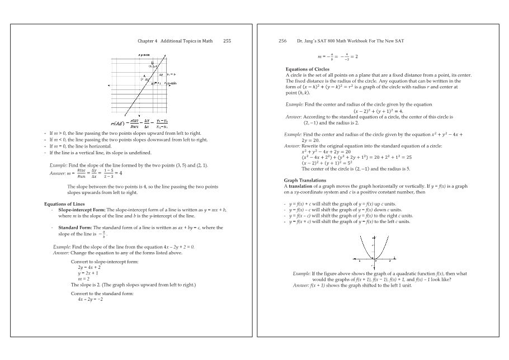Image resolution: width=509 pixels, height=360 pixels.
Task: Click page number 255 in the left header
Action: coord(227,41)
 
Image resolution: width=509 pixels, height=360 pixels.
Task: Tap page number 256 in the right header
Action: coord(282,41)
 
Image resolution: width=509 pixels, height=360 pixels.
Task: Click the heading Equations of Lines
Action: coord(64,204)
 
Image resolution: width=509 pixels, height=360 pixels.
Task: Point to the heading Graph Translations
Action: coord(305,181)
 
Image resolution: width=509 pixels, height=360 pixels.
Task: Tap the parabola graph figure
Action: coord(374,253)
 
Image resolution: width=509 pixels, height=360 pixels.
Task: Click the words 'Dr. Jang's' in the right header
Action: coord(306,41)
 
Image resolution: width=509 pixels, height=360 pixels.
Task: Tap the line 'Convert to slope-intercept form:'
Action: coord(105,262)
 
